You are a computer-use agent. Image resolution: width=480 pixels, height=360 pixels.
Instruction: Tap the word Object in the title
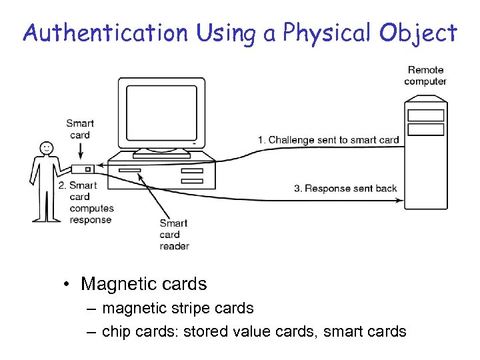point(421,32)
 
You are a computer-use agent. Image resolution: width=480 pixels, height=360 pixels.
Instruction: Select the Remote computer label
point(425,75)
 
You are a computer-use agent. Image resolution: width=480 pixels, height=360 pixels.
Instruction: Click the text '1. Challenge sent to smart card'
point(329,140)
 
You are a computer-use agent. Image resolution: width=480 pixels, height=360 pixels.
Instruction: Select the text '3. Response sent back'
point(345,189)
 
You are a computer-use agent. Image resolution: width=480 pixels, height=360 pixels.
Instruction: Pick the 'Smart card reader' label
point(174,235)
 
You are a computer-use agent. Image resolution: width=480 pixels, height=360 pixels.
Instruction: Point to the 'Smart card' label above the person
point(80,129)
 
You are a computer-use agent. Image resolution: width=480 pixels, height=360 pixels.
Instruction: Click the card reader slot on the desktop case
point(129,171)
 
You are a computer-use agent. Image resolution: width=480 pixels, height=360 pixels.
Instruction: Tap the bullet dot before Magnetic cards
point(68,285)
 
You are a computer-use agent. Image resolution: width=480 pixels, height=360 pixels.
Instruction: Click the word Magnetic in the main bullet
point(114,284)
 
